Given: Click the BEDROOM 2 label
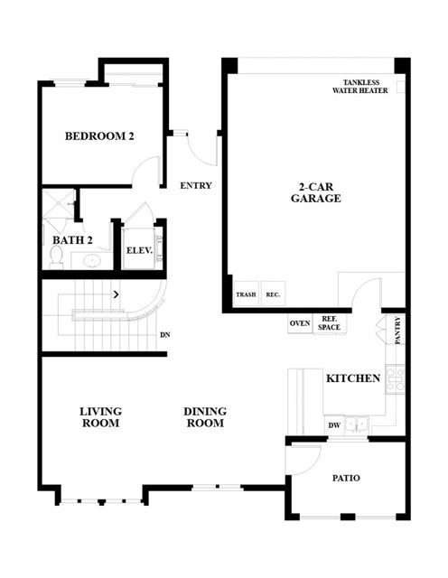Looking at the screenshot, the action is coord(99,136).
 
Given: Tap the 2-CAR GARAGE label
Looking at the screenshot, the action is coord(316,192).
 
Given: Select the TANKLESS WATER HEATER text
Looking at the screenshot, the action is coord(360,87).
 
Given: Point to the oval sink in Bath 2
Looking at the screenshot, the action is coord(92,261).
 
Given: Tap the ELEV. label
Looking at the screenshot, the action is coord(139,251).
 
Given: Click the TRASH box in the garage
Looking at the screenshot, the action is coord(246,294).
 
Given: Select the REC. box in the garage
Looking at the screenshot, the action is coord(273,294).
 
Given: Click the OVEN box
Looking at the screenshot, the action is coord(300,323).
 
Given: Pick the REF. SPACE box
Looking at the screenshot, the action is coord(330,323).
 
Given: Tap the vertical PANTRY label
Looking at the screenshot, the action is coord(397,331).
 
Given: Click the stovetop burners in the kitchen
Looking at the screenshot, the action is coord(396,378).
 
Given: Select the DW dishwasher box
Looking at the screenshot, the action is coord(334,425).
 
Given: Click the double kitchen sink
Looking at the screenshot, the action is coord(356,424).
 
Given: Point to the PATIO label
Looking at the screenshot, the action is coord(346,478).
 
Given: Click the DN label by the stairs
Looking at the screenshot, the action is coord(164,335).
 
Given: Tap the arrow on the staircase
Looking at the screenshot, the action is coord(117,294).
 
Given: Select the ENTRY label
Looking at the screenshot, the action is coord(196,185).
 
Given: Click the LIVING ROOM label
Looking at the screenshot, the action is coord(100,417).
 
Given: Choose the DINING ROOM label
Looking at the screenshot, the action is coord(205,417).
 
